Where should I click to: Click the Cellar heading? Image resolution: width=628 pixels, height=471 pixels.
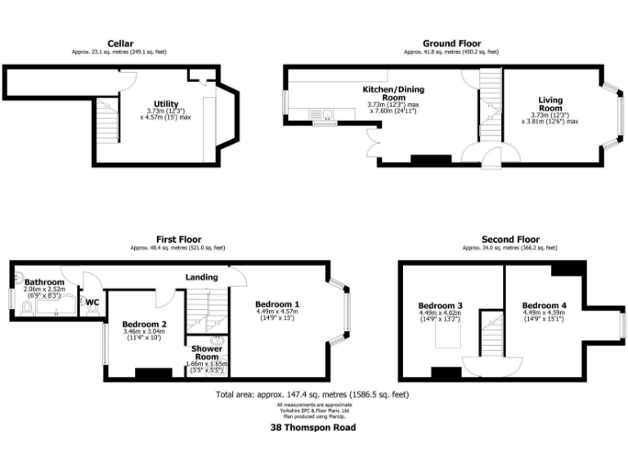pos(120,43)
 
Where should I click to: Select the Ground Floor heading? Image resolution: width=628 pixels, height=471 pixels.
pos(451,43)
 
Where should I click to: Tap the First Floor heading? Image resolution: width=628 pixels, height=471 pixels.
pos(178,240)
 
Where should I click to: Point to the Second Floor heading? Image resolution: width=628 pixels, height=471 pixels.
pos(510,240)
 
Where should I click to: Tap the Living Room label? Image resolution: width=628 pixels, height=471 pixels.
pos(549,104)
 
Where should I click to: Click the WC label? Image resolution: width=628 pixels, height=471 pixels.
pos(92,302)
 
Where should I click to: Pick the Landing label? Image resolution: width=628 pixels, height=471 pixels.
pos(200,276)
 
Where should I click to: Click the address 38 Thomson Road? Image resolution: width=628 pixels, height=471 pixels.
pos(313,427)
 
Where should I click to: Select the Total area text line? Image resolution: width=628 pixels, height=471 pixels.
pos(313,394)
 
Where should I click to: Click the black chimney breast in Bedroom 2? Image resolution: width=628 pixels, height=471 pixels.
pos(153,375)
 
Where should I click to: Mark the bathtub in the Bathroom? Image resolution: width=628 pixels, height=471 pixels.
pos(57,307)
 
